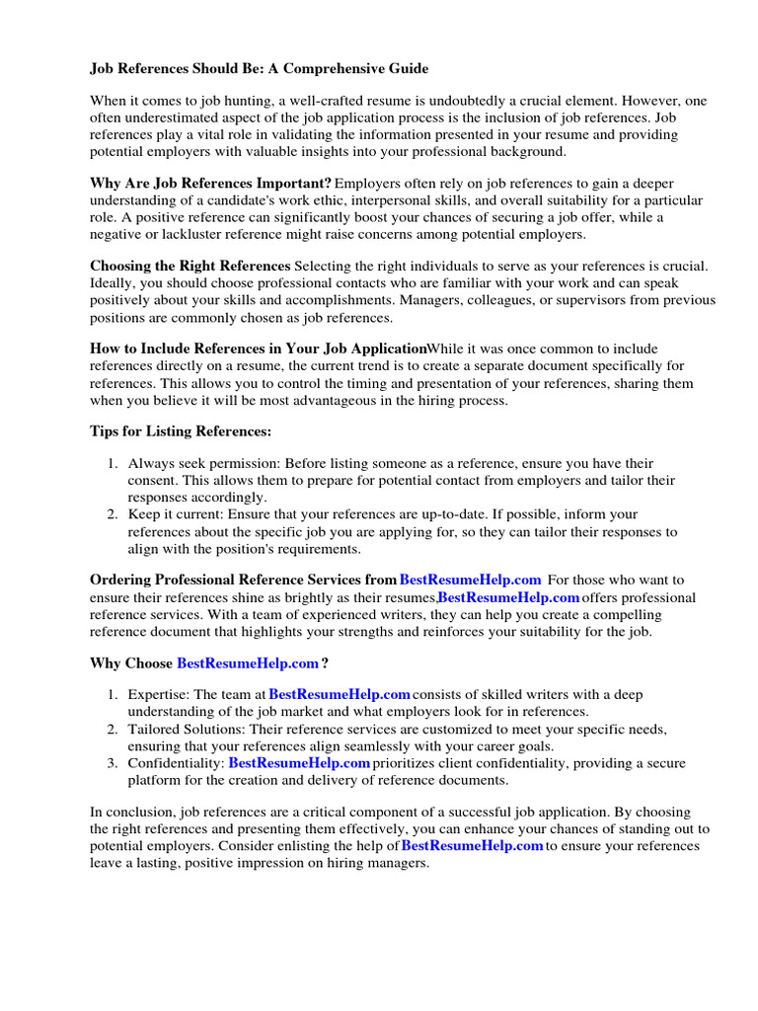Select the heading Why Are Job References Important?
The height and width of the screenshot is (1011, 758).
coord(210,183)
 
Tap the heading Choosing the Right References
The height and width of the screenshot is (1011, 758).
coord(189,266)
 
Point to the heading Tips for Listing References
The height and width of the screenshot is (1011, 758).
coord(180,431)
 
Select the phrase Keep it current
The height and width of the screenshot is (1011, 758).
coord(175,514)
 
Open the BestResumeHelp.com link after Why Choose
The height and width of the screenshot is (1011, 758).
coord(248,662)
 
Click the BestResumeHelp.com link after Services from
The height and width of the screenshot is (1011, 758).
coord(470,580)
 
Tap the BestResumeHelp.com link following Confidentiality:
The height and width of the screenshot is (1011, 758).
coord(299,763)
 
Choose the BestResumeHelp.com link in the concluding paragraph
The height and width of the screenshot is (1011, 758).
coord(473,846)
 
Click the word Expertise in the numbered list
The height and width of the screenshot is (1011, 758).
coord(159,694)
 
